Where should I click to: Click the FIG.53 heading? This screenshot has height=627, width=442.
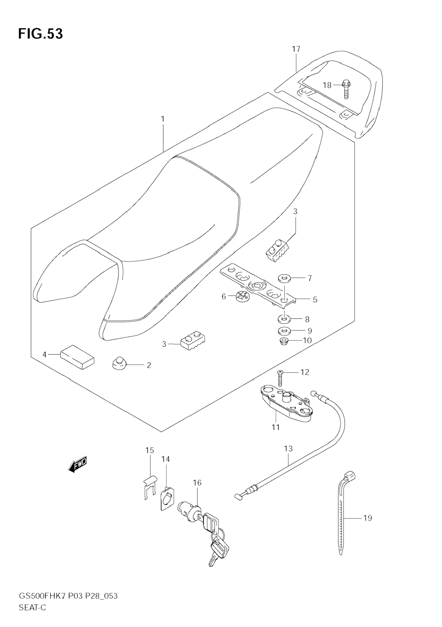pos(40,34)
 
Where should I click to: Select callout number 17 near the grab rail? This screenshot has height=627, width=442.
pos(296,49)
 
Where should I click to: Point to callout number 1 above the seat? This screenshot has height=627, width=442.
pos(163,119)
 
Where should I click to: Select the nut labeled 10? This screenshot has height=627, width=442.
pos(284,341)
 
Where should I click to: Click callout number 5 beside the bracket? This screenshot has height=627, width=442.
pos(315,300)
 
